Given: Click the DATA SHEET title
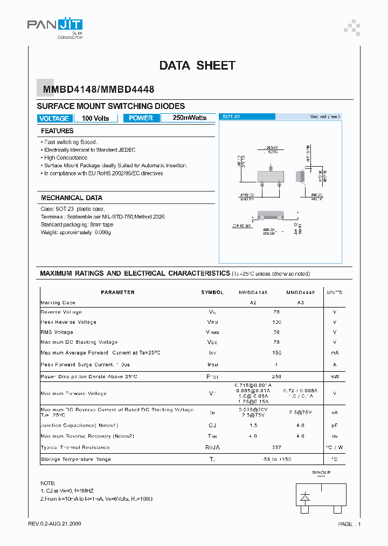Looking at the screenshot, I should point(197,65).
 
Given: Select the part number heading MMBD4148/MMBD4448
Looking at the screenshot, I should point(95,91).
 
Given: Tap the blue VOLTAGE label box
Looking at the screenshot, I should point(54,118).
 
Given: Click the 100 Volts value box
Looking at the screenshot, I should point(95,118).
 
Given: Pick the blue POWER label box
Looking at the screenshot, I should point(141,118).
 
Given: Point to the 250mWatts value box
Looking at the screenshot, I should point(189,118).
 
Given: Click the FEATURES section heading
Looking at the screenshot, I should point(57,131).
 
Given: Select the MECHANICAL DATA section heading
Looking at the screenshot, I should point(72,198).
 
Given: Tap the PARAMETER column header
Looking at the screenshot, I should point(117,292).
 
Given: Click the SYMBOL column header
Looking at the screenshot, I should point(212,292).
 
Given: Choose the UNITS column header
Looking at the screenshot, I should point(334,292).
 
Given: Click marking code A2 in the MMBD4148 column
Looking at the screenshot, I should point(253,303).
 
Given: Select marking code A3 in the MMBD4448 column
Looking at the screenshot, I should point(300,303).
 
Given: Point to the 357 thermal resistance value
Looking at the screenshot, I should point(276,447).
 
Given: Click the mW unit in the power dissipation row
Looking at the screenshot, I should point(334,376).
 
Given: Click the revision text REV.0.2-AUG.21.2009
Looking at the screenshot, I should point(55,524).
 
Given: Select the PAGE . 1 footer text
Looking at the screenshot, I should point(349,524).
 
